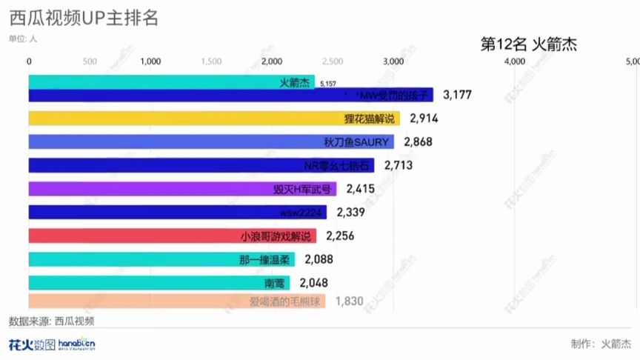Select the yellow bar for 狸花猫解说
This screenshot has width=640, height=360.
click(x=214, y=119)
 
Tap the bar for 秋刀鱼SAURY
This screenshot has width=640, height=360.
click(x=211, y=142)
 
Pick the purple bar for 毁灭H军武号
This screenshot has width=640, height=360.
click(x=182, y=189)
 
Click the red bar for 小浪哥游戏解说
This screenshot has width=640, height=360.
click(x=173, y=236)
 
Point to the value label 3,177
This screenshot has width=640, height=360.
click(x=457, y=95)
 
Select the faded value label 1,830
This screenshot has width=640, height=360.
click(x=350, y=301)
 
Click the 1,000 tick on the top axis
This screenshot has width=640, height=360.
click(x=150, y=61)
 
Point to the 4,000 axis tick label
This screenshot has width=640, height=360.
click(x=515, y=61)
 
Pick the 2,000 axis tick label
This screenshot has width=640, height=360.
click(x=272, y=61)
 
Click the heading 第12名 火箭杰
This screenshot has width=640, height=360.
click(x=528, y=44)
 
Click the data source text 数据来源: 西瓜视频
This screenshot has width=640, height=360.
click(x=51, y=321)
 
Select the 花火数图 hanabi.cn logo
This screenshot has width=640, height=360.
click(x=52, y=344)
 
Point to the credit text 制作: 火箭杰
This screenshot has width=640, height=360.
click(x=601, y=344)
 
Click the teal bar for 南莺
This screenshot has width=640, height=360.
click(x=159, y=283)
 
